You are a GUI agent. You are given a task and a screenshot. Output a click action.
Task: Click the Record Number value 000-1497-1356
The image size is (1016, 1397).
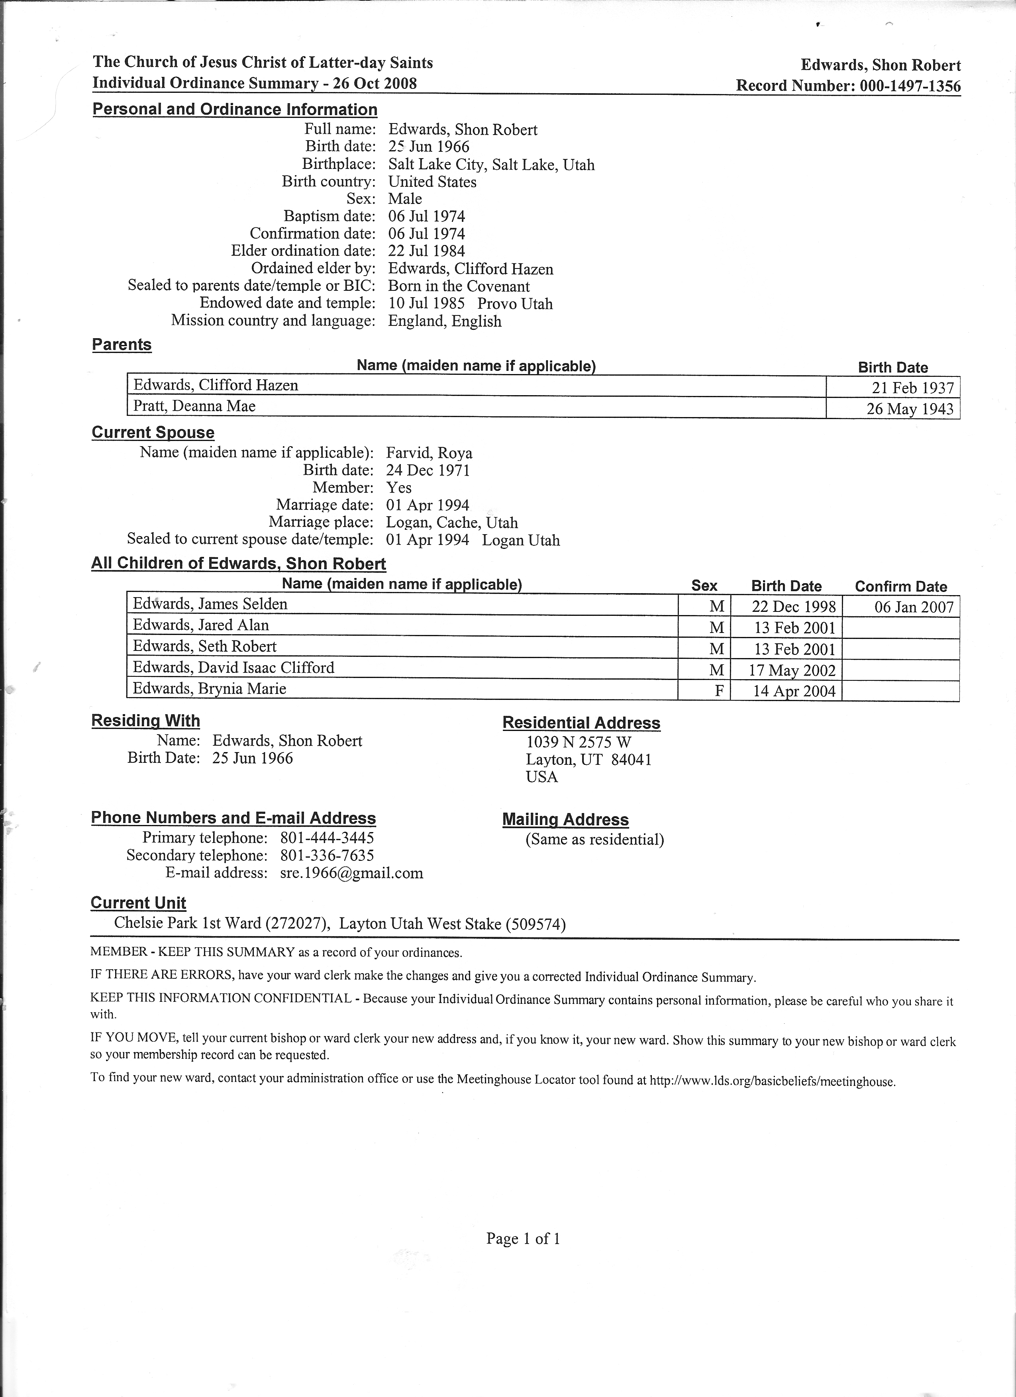908,86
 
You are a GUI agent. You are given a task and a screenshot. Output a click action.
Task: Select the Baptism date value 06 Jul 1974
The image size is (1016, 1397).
426,216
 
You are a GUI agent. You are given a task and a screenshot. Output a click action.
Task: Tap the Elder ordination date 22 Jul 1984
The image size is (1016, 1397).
426,251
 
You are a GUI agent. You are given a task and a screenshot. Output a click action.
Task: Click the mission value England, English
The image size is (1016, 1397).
444,321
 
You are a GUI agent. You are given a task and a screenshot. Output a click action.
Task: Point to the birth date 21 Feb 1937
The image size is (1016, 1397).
912,388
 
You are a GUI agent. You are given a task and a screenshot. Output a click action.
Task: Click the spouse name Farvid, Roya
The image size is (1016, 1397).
429,453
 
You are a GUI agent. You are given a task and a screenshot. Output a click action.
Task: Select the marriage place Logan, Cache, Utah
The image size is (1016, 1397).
452,523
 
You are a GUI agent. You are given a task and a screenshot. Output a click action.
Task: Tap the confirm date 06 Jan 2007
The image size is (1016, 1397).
914,607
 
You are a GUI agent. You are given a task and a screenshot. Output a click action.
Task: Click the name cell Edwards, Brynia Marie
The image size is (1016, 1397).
210,689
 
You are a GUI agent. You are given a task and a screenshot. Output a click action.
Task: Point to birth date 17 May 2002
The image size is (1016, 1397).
792,670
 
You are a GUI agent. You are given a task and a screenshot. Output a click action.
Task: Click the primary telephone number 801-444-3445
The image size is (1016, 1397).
327,838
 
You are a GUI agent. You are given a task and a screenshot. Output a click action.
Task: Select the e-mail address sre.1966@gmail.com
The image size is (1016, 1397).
351,873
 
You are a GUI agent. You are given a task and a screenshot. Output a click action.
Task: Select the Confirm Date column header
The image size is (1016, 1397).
901,586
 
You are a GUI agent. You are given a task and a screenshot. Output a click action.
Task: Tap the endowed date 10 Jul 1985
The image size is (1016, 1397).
426,304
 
